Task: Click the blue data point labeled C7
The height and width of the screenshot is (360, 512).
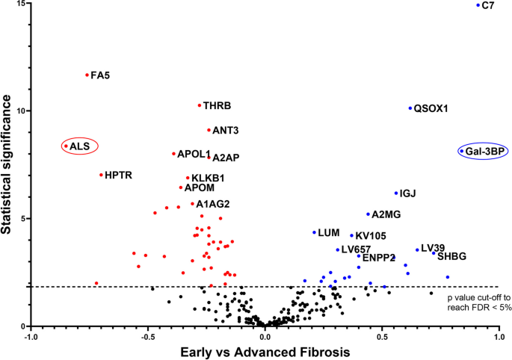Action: pos(478,5)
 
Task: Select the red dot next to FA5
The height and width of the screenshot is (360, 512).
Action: pos(87,75)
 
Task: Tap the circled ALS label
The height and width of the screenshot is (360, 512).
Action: pos(79,146)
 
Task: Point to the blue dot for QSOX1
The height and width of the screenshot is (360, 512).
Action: pos(410,108)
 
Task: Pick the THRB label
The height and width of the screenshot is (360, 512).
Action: pos(217,106)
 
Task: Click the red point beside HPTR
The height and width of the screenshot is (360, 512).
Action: pos(101,175)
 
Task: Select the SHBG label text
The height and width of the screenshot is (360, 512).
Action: pos(451,256)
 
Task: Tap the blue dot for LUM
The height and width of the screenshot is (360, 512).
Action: pos(314,232)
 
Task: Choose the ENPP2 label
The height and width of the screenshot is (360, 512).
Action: pos(378,258)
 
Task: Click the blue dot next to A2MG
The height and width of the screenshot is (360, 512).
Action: pos(368,214)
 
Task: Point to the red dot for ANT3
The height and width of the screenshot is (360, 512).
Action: pos(209,130)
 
